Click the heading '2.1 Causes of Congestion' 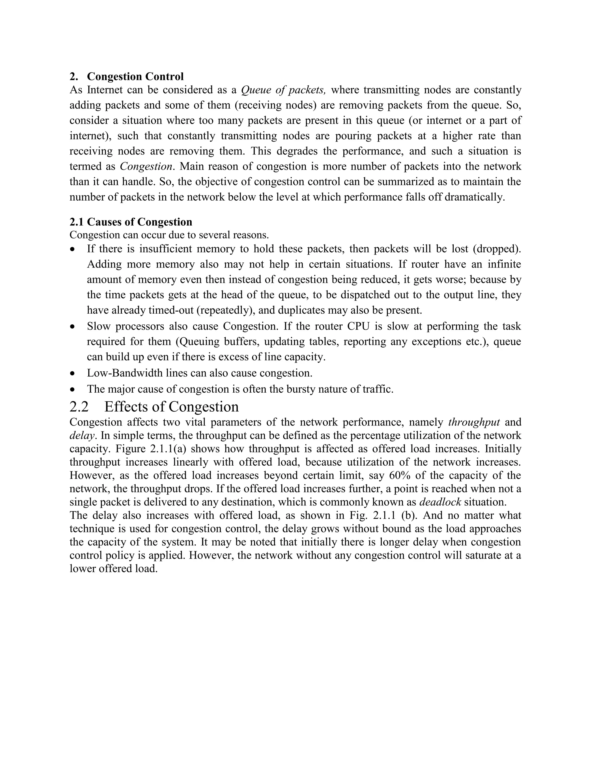131,222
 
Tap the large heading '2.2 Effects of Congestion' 154,407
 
